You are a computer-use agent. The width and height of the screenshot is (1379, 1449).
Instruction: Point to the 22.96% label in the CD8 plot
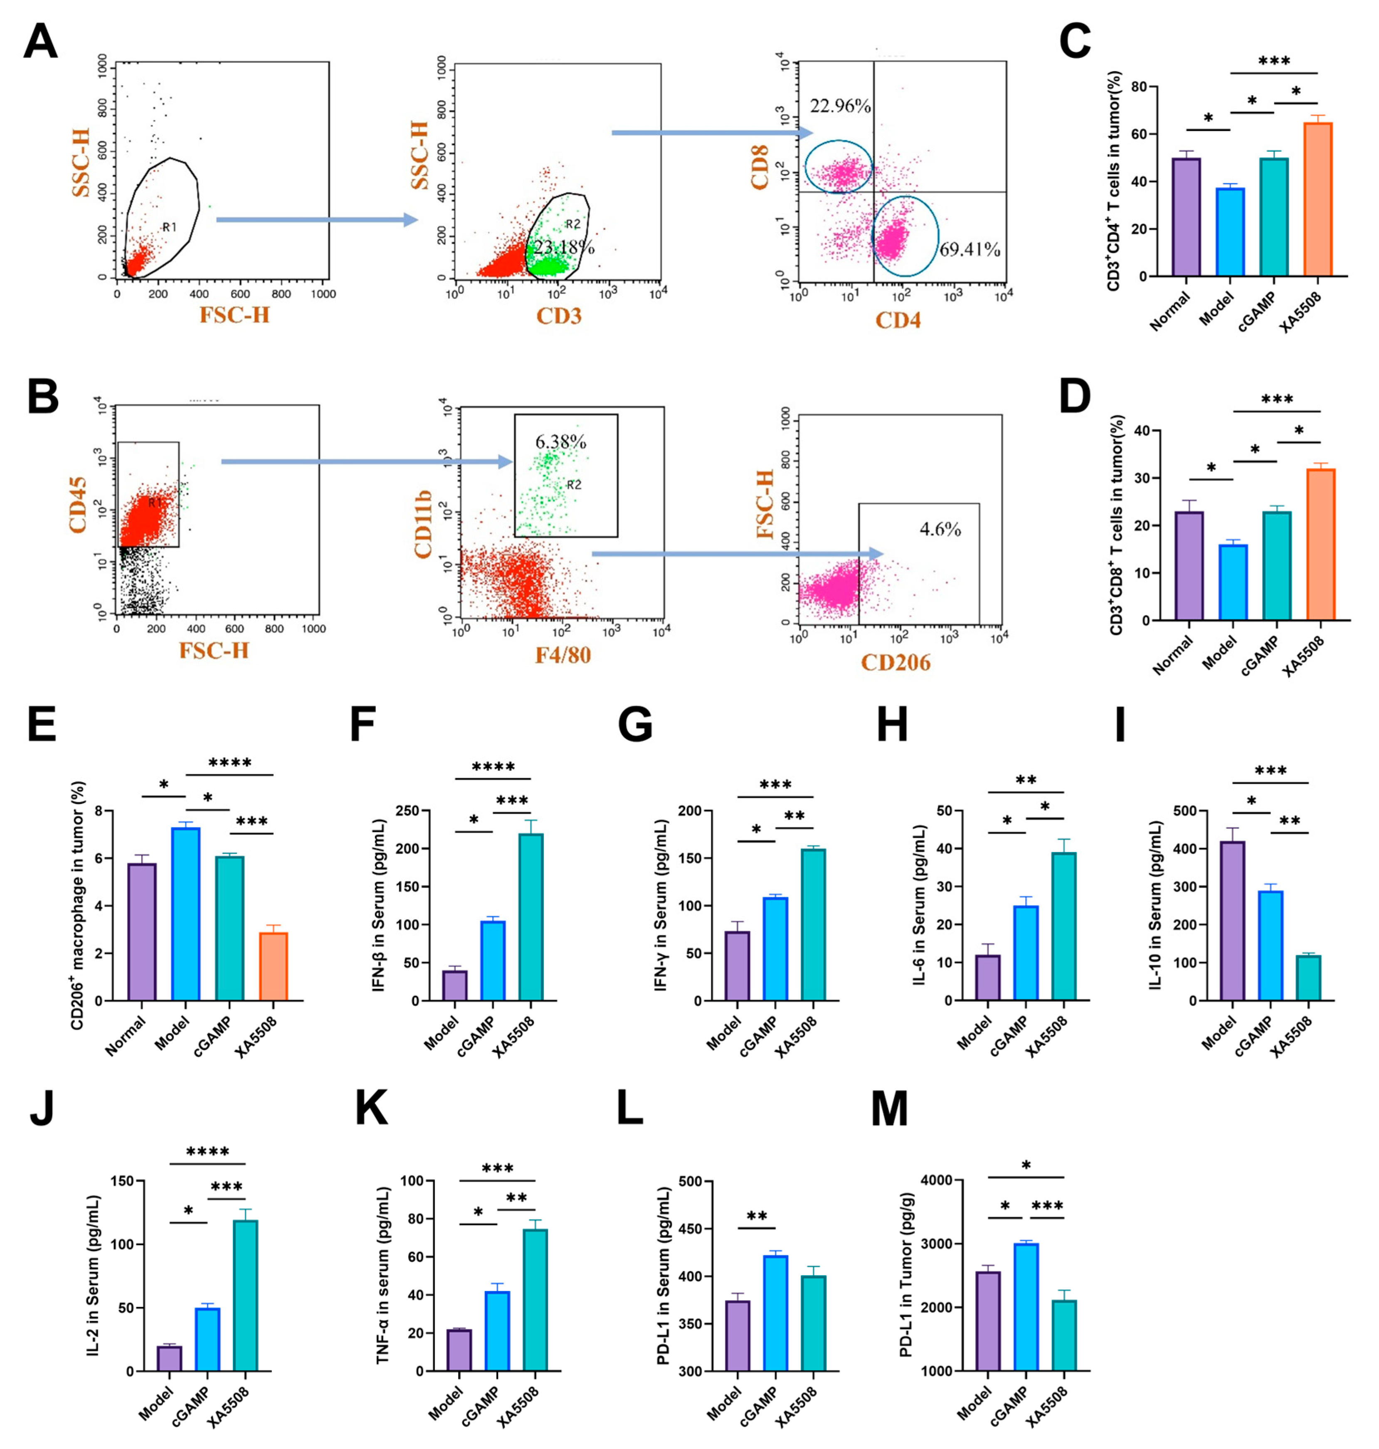point(840,106)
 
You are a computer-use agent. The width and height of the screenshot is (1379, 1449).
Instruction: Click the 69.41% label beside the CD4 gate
point(969,250)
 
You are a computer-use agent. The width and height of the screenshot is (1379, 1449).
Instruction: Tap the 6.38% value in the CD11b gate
point(560,441)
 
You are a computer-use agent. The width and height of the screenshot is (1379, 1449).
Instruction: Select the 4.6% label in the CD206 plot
point(940,529)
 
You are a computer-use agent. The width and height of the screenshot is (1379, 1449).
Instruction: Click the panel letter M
point(889,1109)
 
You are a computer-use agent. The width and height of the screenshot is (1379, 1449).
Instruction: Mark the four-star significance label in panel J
point(207,1152)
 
